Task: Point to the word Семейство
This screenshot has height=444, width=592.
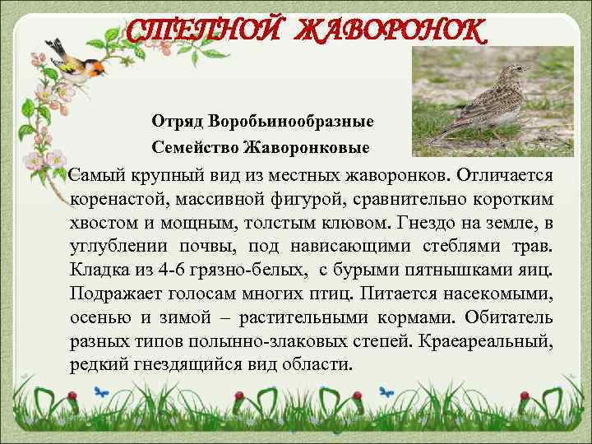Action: [195, 147]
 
